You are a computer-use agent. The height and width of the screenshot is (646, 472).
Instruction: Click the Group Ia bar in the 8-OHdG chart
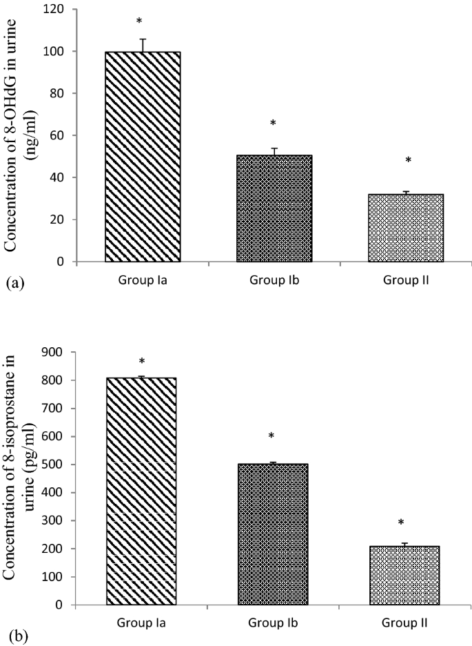(143, 157)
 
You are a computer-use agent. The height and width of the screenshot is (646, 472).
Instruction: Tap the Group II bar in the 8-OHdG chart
(406, 228)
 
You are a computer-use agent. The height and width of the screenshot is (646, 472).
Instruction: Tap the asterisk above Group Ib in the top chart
(273, 124)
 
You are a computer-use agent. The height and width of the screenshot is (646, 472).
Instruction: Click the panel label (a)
(13, 282)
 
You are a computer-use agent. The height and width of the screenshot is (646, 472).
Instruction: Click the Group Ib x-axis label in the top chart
(274, 282)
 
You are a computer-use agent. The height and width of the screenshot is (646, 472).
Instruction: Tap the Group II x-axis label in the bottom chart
(406, 623)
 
